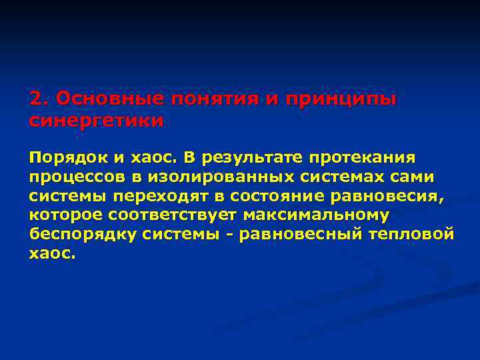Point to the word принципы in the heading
point(340,99)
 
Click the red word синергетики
point(96,121)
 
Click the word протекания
point(361,158)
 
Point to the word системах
point(347,177)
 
